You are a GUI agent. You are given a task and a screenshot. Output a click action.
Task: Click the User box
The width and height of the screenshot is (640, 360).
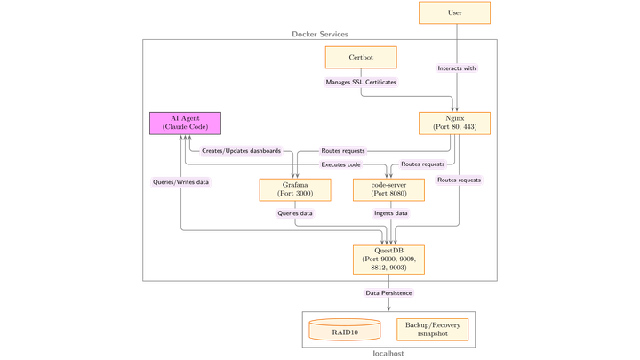[454, 12]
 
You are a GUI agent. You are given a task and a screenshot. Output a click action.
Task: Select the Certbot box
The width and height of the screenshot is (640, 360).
[361, 58]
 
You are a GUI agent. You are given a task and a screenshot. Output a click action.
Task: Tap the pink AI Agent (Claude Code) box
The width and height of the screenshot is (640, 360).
[185, 124]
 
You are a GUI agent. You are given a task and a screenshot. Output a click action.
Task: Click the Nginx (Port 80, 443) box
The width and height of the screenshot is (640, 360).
[454, 124]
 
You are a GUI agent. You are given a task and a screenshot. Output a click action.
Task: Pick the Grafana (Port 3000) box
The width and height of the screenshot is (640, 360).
[295, 190]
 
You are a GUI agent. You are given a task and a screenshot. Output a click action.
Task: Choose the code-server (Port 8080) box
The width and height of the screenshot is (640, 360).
[388, 190]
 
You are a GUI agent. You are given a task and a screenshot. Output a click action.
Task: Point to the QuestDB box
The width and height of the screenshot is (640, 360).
[388, 260]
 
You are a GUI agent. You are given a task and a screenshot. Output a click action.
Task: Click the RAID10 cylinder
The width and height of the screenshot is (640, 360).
[345, 330]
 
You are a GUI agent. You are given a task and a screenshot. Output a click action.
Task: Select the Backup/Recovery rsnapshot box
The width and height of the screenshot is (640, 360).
[433, 330]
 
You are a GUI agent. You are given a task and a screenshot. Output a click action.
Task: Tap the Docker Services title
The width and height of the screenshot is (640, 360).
[320, 35]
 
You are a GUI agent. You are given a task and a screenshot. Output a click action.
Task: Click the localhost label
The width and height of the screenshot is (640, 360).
[388, 354]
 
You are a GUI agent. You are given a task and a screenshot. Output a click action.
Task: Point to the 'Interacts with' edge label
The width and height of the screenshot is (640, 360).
[457, 68]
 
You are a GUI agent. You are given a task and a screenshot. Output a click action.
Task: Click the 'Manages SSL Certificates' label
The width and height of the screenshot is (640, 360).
[361, 82]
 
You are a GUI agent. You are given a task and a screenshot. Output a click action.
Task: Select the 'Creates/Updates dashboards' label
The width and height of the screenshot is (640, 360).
[241, 151]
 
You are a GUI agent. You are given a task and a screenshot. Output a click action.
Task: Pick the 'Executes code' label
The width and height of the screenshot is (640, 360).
[340, 164]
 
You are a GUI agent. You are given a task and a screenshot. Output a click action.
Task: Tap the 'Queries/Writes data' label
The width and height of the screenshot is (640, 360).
[180, 182]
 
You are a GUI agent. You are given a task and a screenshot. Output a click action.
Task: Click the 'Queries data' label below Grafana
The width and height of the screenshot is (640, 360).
[295, 213]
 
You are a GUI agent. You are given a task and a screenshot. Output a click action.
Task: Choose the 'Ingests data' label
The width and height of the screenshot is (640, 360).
[390, 213]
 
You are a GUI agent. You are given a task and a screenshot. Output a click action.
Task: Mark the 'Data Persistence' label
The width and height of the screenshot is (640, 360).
[388, 293]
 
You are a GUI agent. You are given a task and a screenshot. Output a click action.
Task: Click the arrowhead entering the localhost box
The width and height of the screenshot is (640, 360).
[388, 309]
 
